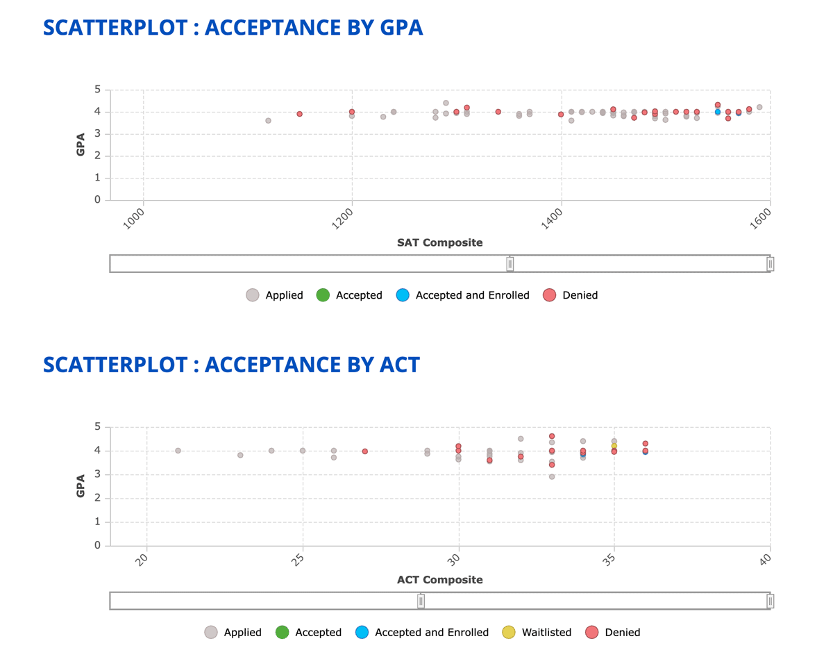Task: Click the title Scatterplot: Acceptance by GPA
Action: click(x=233, y=28)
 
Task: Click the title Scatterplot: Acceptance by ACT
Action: click(x=231, y=365)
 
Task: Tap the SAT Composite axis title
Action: click(x=439, y=242)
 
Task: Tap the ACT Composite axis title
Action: click(x=439, y=579)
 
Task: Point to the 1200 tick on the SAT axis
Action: click(x=345, y=221)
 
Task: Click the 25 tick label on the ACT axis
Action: click(x=296, y=558)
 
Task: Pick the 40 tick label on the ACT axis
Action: click(x=764, y=558)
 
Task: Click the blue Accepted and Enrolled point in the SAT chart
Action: click(x=718, y=112)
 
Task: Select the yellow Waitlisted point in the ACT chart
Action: click(x=614, y=446)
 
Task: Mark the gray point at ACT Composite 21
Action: click(x=178, y=451)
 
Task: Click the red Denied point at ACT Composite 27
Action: click(x=365, y=451)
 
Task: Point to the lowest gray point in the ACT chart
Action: click(x=552, y=476)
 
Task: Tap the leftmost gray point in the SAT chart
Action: click(x=268, y=121)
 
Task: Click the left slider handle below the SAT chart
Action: click(x=510, y=264)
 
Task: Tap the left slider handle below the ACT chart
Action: click(x=421, y=601)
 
